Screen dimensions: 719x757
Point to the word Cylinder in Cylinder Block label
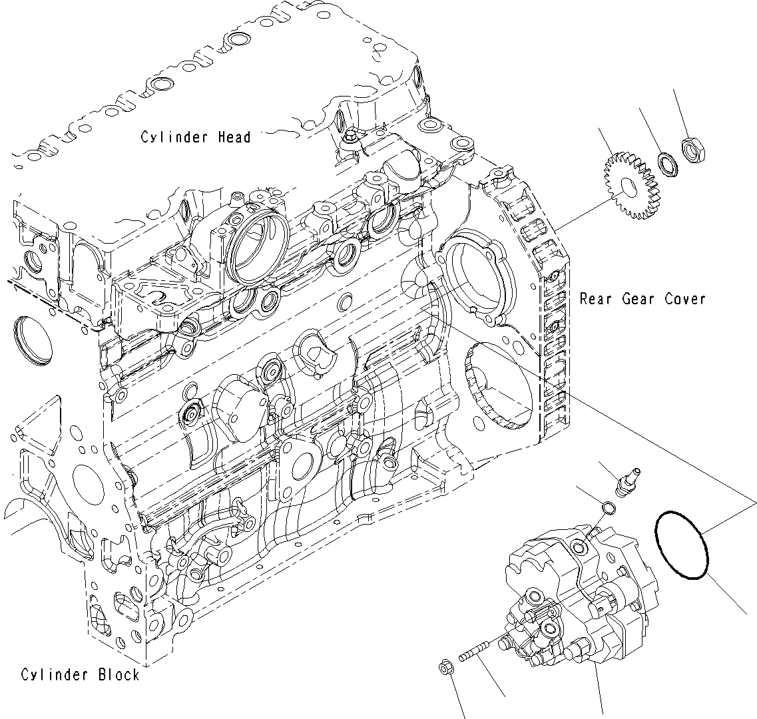click(55, 674)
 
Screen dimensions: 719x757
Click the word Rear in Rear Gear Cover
click(595, 299)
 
